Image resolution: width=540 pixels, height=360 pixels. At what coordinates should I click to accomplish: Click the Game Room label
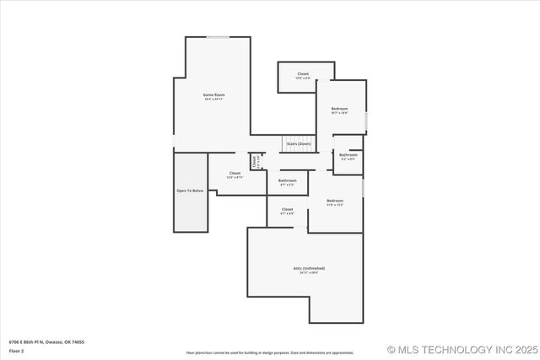pos(213,94)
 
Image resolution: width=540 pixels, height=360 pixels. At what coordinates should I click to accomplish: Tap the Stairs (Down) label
pos(299,144)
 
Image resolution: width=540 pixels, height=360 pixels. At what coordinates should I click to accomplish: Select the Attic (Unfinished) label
pos(309,268)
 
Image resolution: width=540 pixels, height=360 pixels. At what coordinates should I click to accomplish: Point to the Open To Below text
pos(190,191)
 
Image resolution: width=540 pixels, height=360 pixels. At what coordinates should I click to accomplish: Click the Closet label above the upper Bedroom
pos(303,74)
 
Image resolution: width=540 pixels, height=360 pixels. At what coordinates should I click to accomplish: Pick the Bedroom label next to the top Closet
pos(339,109)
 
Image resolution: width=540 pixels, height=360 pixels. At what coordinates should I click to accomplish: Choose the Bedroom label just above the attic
pos(335,201)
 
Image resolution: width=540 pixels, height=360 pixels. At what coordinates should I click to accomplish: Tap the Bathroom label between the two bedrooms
pos(348,155)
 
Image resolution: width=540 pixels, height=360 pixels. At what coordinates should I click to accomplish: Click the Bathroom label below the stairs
pos(288,180)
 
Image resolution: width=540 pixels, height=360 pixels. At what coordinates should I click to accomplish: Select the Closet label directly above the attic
pos(287,209)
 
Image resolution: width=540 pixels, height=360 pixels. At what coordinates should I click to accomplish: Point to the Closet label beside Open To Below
pos(235,174)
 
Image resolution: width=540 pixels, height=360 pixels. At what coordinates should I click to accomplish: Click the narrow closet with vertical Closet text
pos(253,160)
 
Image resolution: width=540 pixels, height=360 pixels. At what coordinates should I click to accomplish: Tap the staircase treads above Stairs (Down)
pos(297,139)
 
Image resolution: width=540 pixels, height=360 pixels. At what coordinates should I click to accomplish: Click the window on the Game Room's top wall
pos(218,37)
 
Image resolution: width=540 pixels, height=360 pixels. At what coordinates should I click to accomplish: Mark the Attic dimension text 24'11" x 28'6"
pos(309,272)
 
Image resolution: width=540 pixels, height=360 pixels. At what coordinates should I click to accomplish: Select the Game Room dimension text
pos(213,99)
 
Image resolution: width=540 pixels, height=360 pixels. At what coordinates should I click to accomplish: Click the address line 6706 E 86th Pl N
pos(46,342)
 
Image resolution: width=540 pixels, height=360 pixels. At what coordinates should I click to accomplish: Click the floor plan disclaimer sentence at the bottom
pos(270,352)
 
